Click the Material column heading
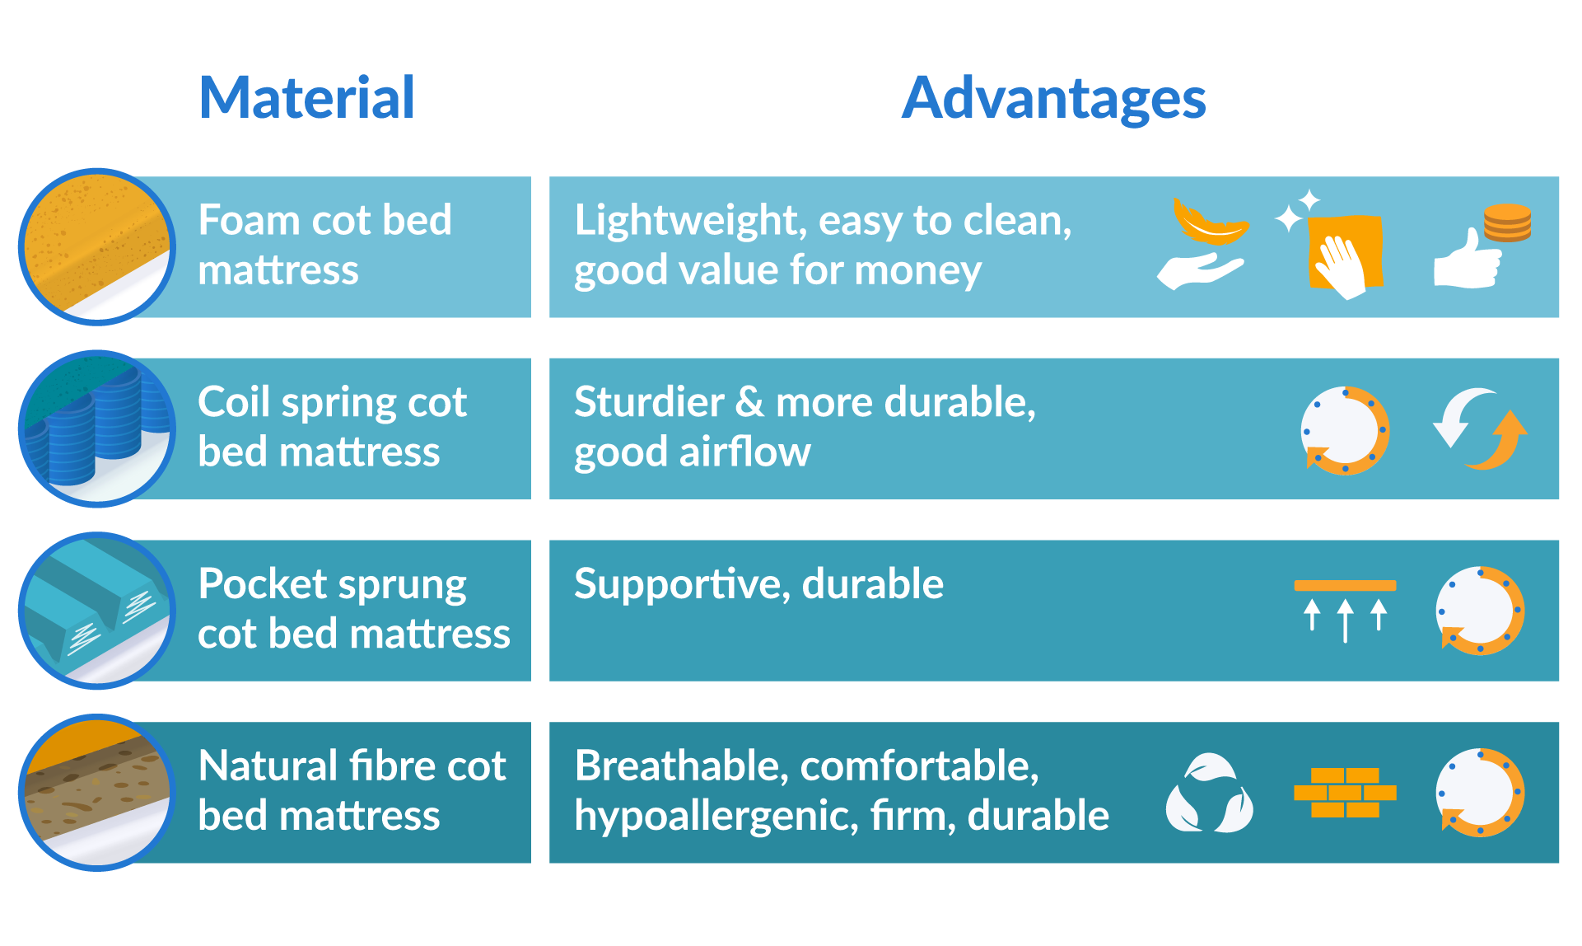[x=306, y=98]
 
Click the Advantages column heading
[x=1053, y=98]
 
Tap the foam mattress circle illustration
[x=97, y=247]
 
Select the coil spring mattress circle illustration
[x=97, y=429]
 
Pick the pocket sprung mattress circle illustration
[x=97, y=611]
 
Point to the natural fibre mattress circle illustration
[x=97, y=793]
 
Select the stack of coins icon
[x=1507, y=222]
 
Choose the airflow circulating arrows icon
[x=1480, y=429]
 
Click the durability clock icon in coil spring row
[x=1345, y=430]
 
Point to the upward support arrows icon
[x=1345, y=611]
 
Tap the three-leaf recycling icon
[x=1209, y=794]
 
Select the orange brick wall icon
[x=1345, y=793]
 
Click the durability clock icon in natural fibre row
[x=1480, y=793]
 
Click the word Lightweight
[x=687, y=221]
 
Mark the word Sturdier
[x=649, y=403]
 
